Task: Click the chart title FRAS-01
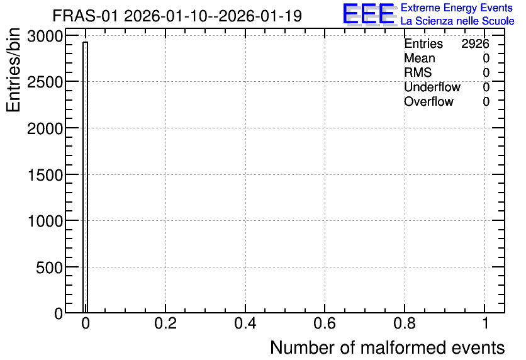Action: [85, 16]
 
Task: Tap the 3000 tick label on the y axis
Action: [45, 36]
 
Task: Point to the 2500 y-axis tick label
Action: [45, 82]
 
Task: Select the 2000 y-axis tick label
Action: [45, 128]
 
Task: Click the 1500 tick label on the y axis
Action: [45, 175]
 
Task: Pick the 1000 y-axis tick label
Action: [45, 221]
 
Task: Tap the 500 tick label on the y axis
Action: [49, 267]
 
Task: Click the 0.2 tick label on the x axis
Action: [165, 323]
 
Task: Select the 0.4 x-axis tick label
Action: [245, 323]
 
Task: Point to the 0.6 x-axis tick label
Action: [325, 323]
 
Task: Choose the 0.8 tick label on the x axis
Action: [405, 323]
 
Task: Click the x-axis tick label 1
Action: [485, 323]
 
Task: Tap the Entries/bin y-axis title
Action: [13, 70]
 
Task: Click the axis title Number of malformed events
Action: [388, 347]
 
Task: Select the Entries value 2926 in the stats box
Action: [475, 43]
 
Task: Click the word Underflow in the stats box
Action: [432, 87]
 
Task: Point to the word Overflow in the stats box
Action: [428, 102]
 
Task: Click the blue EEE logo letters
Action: [369, 14]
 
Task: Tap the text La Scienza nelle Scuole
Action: [457, 21]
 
